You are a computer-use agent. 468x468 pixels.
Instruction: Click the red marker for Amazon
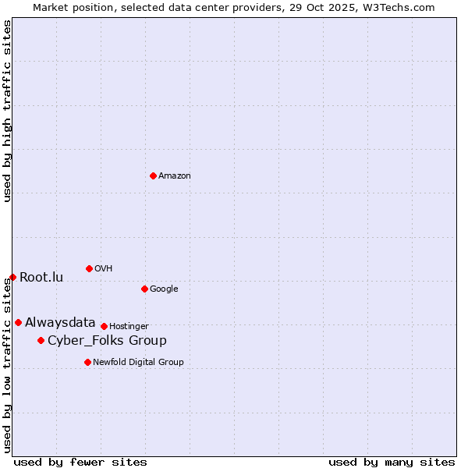pos(153,175)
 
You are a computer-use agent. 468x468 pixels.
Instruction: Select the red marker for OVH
pos(89,268)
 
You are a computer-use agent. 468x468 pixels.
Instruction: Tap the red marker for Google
pos(144,289)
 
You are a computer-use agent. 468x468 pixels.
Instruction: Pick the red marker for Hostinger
pos(104,326)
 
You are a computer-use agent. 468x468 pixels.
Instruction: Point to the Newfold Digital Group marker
pos(87,362)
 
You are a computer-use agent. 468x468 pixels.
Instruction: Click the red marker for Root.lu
pos(12,277)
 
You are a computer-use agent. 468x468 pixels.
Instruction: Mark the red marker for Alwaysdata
pos(18,322)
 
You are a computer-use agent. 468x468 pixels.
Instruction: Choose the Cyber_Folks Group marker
pos(41,340)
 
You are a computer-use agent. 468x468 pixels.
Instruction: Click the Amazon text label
pos(175,176)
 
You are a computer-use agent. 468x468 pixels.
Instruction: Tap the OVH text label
pos(104,269)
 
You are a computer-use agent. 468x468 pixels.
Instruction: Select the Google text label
pos(164,289)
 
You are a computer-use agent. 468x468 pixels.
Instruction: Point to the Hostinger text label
pos(129,327)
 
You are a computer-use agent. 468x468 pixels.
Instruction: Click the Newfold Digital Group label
pos(138,363)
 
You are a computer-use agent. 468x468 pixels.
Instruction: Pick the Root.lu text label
pos(41,278)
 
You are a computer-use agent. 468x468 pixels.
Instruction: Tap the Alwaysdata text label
pos(60,323)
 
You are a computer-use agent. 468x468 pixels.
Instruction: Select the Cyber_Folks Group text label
pos(107,341)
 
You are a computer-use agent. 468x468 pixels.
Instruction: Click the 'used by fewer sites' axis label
pos(80,462)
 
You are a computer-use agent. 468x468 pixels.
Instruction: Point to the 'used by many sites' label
pos(392,462)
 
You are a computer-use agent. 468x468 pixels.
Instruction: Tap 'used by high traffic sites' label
pos(7,111)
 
